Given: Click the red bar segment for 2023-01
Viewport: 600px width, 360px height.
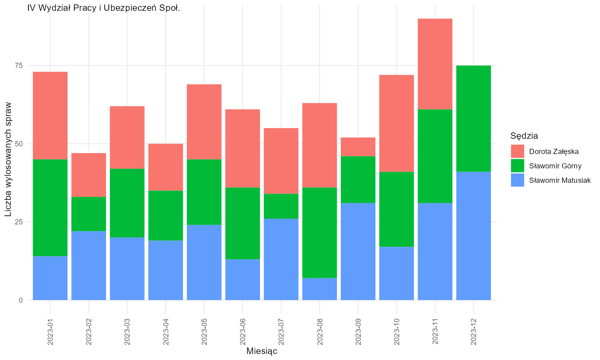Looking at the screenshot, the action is click(50, 116).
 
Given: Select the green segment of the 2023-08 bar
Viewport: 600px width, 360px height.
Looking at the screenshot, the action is click(320, 233).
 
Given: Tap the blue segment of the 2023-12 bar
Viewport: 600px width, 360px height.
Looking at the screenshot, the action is click(474, 236).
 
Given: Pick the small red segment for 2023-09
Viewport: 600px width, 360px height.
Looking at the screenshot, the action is click(358, 147).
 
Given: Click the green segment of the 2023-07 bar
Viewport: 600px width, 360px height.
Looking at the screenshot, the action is click(281, 206).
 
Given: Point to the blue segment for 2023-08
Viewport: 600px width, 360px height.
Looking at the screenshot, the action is click(320, 289).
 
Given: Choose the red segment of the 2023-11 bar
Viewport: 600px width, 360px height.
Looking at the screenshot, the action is click(435, 64).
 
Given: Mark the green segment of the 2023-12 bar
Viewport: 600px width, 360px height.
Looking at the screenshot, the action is click(474, 119).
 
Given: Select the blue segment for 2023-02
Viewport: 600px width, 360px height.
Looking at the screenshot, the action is click(89, 266).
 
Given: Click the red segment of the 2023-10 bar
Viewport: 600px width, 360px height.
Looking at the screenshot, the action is click(397, 124).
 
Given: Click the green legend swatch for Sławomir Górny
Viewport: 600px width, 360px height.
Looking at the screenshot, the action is click(518, 166).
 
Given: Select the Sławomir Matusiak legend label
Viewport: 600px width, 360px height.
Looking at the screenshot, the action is click(560, 180).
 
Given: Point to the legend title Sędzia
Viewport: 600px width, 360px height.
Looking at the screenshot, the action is click(524, 136).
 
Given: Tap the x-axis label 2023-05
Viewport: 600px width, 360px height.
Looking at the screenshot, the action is click(204, 332).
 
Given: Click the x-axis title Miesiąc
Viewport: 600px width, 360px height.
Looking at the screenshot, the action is click(262, 351).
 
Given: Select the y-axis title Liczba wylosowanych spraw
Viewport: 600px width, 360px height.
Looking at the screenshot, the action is click(8, 159).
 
